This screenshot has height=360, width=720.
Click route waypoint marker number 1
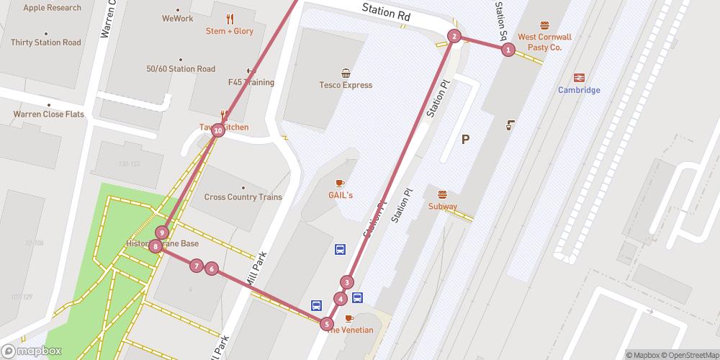pos(508,50)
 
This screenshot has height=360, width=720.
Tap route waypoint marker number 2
pos(454,36)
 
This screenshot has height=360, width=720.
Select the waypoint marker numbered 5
pos(327,324)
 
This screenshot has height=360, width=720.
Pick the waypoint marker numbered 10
pos(217,130)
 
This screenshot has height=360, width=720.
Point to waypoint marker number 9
pos(163,233)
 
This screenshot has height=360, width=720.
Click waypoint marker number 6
pos(212,269)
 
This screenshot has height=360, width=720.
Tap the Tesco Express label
pos(346,85)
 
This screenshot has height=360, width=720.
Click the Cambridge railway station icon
pos(579,77)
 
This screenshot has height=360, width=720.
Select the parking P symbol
pos(465,140)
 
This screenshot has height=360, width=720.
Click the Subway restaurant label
pos(442,207)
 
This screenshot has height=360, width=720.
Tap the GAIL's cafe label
pos(341,195)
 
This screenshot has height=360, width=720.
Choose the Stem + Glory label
pos(229,31)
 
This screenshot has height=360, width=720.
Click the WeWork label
pos(177,19)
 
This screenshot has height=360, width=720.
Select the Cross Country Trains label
pos(243,197)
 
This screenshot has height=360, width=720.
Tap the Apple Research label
pos(52,8)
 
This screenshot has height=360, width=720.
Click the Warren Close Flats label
pos(48,114)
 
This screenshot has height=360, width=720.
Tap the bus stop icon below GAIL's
pos(340,250)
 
